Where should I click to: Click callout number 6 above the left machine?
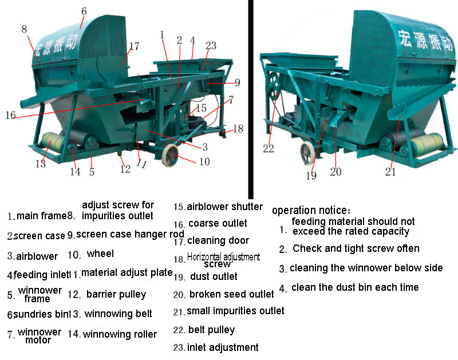point(84,10)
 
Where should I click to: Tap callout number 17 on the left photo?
point(134,46)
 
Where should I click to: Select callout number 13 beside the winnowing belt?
point(40,164)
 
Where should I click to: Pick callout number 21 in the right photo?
point(391,171)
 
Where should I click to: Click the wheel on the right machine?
point(308,154)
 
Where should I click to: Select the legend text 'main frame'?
point(42,216)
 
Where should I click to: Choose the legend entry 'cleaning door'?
point(218,240)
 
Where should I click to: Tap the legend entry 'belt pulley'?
point(211,330)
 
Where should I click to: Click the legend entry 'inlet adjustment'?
point(223,347)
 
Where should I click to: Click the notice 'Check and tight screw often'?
point(356,248)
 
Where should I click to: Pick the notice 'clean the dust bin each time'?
point(355,287)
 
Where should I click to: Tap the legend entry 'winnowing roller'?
point(120,334)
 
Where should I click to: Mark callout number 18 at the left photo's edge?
point(239,129)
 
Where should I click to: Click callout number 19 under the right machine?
point(311,176)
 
